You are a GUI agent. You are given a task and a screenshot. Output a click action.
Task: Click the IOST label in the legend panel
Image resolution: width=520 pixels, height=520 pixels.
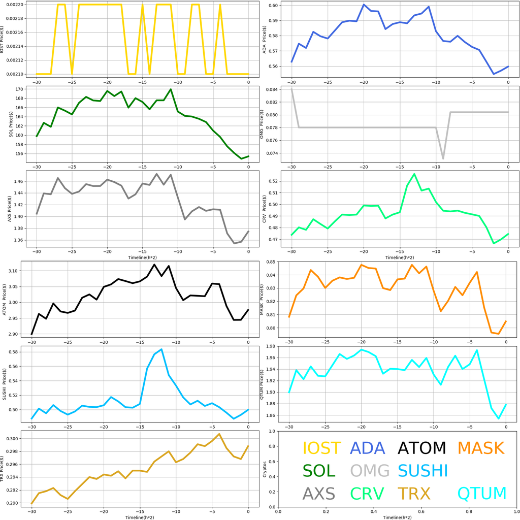pos(321,448)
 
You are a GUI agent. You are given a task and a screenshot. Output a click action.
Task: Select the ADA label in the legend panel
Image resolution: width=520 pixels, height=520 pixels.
pos(368,448)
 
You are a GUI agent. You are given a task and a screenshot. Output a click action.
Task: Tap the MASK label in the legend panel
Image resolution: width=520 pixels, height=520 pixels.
pos(480,448)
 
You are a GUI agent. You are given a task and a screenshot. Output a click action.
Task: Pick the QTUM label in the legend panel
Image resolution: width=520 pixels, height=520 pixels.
pos(482,493)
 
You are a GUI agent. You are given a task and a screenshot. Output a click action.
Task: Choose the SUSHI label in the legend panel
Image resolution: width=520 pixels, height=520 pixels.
pos(422,471)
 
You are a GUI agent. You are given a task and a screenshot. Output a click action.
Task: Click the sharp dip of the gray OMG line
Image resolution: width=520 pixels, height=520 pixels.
pos(443,159)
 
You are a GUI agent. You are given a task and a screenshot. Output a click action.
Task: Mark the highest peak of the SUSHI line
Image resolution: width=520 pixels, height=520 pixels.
pos(161,349)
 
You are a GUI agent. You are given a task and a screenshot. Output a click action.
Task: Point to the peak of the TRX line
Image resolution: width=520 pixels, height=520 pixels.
pos(219,434)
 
